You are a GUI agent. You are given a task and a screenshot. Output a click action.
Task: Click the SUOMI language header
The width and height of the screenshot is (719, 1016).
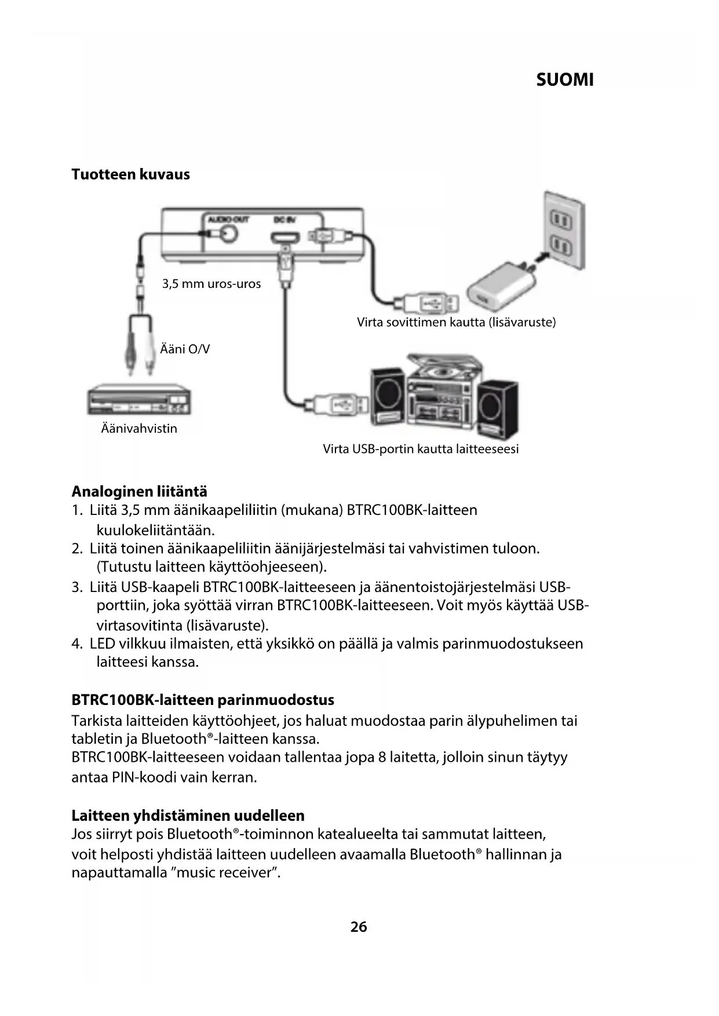click(x=564, y=80)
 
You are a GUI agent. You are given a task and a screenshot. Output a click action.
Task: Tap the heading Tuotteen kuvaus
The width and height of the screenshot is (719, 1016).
click(x=130, y=174)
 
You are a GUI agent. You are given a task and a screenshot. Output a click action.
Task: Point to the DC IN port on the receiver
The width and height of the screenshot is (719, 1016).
click(x=285, y=237)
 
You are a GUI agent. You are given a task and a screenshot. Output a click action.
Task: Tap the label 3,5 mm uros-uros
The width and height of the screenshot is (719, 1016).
click(x=211, y=284)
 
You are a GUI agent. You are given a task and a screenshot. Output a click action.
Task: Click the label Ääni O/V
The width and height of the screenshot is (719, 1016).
click(x=185, y=349)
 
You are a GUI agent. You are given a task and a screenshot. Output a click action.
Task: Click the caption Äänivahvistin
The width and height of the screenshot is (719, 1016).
click(x=139, y=429)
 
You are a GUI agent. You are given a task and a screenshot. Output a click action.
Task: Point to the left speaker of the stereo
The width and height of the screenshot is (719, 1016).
click(x=388, y=397)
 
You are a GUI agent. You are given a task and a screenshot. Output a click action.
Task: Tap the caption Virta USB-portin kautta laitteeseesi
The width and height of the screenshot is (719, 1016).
click(x=420, y=449)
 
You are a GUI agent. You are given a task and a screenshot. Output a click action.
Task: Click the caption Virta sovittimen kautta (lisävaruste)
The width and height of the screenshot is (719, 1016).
click(x=456, y=322)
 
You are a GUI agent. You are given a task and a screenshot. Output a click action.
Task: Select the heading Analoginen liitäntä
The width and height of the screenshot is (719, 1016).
click(x=139, y=492)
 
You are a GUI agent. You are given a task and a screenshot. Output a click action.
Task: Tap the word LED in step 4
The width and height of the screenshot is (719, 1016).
click(x=102, y=644)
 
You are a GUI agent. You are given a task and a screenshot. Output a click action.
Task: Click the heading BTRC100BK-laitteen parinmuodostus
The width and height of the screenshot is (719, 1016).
click(x=203, y=700)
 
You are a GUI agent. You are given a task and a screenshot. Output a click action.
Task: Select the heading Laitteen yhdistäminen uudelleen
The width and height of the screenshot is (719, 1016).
click(x=188, y=816)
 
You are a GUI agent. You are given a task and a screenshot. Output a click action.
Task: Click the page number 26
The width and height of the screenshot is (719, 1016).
click(x=359, y=927)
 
